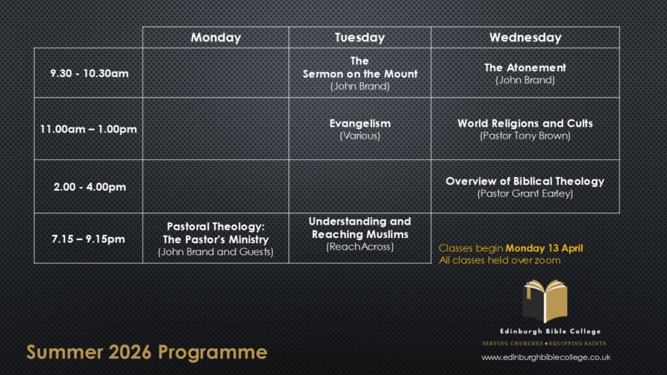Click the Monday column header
216,38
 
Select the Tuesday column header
359,38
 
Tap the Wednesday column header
525,38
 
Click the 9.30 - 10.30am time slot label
89,73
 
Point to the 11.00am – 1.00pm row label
88,129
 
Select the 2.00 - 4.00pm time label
89,187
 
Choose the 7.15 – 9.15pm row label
88,239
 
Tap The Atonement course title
525,67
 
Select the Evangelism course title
359,123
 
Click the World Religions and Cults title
525,124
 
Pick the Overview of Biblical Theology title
525,181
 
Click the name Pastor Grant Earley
525,194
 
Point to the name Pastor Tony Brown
525,136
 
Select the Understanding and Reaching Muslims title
359,228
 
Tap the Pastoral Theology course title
216,233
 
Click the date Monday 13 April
544,248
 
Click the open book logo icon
545,301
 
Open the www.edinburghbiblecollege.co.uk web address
545,357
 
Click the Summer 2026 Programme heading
147,351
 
